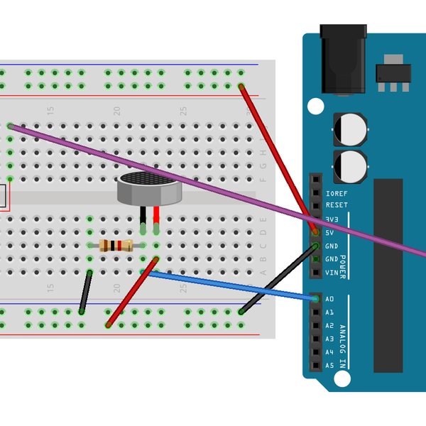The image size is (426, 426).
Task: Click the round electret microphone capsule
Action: pyautogui.click(x=150, y=187)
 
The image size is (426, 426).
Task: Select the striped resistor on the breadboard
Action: pyautogui.click(x=116, y=246)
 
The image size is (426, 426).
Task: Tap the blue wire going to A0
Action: pyautogui.click(x=234, y=285)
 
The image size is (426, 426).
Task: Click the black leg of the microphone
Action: pyautogui.click(x=143, y=217)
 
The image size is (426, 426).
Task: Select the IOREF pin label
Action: pyautogui.click(x=337, y=193)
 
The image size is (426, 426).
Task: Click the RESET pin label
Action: pyautogui.click(x=337, y=206)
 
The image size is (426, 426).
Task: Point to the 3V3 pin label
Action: pyautogui.click(x=332, y=219)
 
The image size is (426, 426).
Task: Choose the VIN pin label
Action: pyautogui.click(x=331, y=273)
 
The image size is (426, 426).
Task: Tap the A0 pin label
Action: pyautogui.click(x=329, y=299)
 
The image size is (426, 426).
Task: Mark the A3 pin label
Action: pyautogui.click(x=329, y=339)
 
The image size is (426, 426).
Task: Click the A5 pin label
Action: pyautogui.click(x=329, y=366)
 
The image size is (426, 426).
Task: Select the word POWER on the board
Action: pyautogui.click(x=342, y=266)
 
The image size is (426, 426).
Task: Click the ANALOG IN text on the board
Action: pyautogui.click(x=342, y=346)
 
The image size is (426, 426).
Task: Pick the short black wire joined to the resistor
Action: pyautogui.click(x=86, y=291)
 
